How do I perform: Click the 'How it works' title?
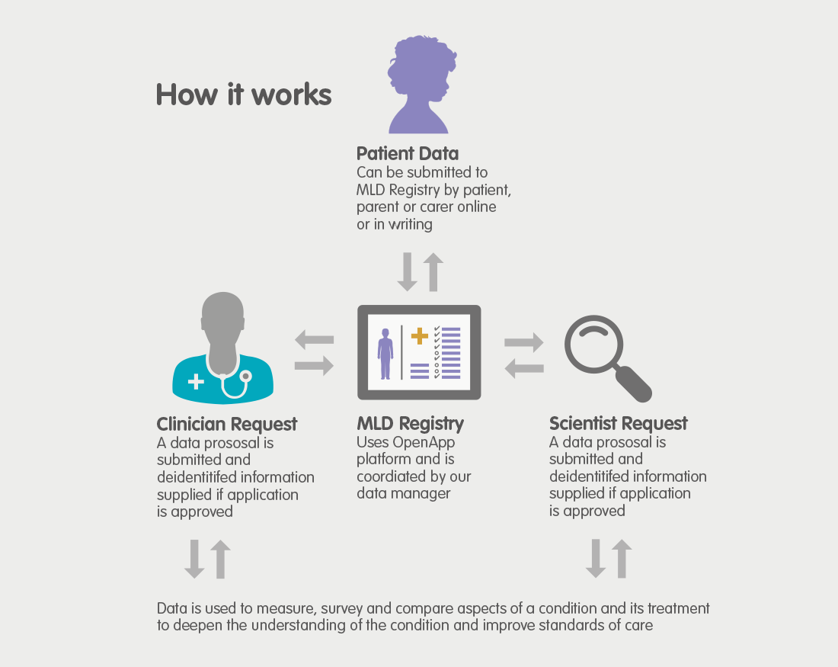[x=244, y=95]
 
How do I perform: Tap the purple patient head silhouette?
[x=421, y=85]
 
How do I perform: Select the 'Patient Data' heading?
[x=408, y=153]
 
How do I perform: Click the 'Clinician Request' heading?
[x=226, y=424]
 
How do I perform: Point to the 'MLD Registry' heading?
[x=410, y=424]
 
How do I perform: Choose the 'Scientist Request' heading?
[x=619, y=424]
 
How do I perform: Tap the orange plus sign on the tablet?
[x=420, y=336]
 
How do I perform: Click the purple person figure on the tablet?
[x=385, y=354]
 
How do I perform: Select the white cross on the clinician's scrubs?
[x=196, y=381]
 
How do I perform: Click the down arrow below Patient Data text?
[x=408, y=272]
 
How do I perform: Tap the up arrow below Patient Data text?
[x=433, y=272]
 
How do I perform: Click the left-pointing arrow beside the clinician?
[x=314, y=340]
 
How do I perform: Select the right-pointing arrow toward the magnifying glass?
[x=524, y=342]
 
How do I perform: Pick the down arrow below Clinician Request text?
[x=194, y=559]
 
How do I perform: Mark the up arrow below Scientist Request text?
[x=622, y=559]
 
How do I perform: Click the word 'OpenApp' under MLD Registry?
[x=424, y=443]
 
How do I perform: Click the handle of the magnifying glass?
[x=633, y=384]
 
